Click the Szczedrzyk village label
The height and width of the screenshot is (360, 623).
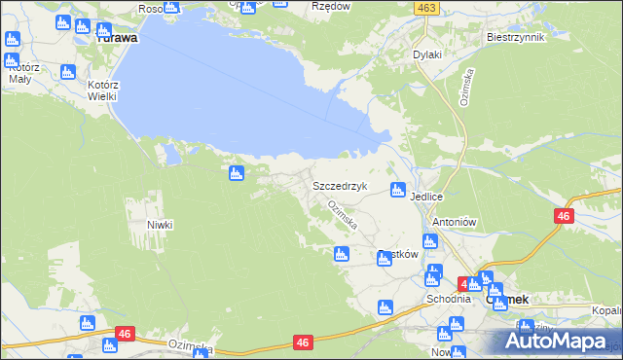(339, 185)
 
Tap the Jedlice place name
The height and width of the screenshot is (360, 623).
(427, 197)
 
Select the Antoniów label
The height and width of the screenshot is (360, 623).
(453, 222)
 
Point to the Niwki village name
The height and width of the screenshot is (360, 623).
(160, 225)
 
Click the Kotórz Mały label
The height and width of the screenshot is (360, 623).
(23, 74)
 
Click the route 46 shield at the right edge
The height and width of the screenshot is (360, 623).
(564, 217)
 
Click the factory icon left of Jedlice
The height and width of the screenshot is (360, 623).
(397, 190)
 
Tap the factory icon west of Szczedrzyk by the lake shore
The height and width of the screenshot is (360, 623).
(236, 173)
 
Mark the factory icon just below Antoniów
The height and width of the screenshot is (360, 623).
(429, 242)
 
